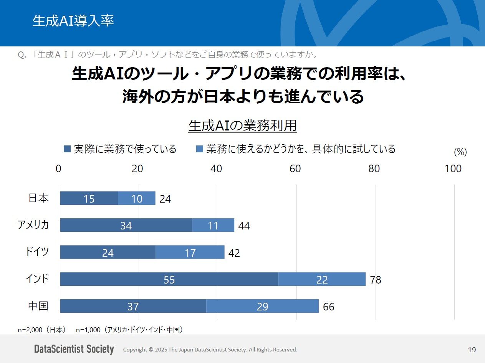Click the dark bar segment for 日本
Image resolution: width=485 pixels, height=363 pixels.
point(89,198)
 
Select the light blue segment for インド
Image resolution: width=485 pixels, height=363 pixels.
point(322,279)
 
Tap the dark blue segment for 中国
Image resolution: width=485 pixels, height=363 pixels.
point(133,306)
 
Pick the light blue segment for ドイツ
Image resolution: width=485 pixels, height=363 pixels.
point(190,252)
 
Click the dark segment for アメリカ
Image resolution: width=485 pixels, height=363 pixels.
point(126,225)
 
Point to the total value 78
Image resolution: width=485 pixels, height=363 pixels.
point(376,280)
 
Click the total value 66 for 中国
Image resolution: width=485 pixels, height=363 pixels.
point(329,307)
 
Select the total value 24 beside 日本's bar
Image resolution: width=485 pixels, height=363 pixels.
point(165,199)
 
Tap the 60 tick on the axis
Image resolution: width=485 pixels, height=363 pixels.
point(295,168)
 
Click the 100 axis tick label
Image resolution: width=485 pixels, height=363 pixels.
point(453,168)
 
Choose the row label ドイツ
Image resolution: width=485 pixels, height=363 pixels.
point(37,252)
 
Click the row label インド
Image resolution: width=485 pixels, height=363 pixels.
point(37,279)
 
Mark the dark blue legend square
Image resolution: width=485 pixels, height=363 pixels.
point(67,149)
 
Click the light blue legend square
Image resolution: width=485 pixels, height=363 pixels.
point(199,149)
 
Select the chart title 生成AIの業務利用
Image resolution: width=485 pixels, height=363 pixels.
point(243,125)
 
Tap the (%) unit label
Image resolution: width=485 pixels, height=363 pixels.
point(460,152)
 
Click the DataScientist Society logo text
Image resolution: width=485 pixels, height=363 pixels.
point(74,349)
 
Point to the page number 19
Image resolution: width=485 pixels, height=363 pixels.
point(472,350)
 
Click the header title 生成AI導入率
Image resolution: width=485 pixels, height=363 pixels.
point(73,21)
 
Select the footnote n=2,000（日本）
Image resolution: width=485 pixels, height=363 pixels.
point(42,329)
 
